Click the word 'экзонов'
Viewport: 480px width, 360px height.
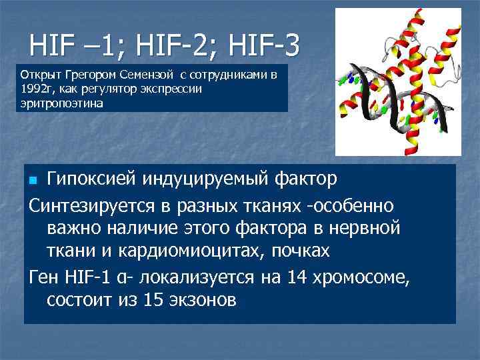(x=204, y=300)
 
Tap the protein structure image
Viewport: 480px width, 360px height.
(x=398, y=81)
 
